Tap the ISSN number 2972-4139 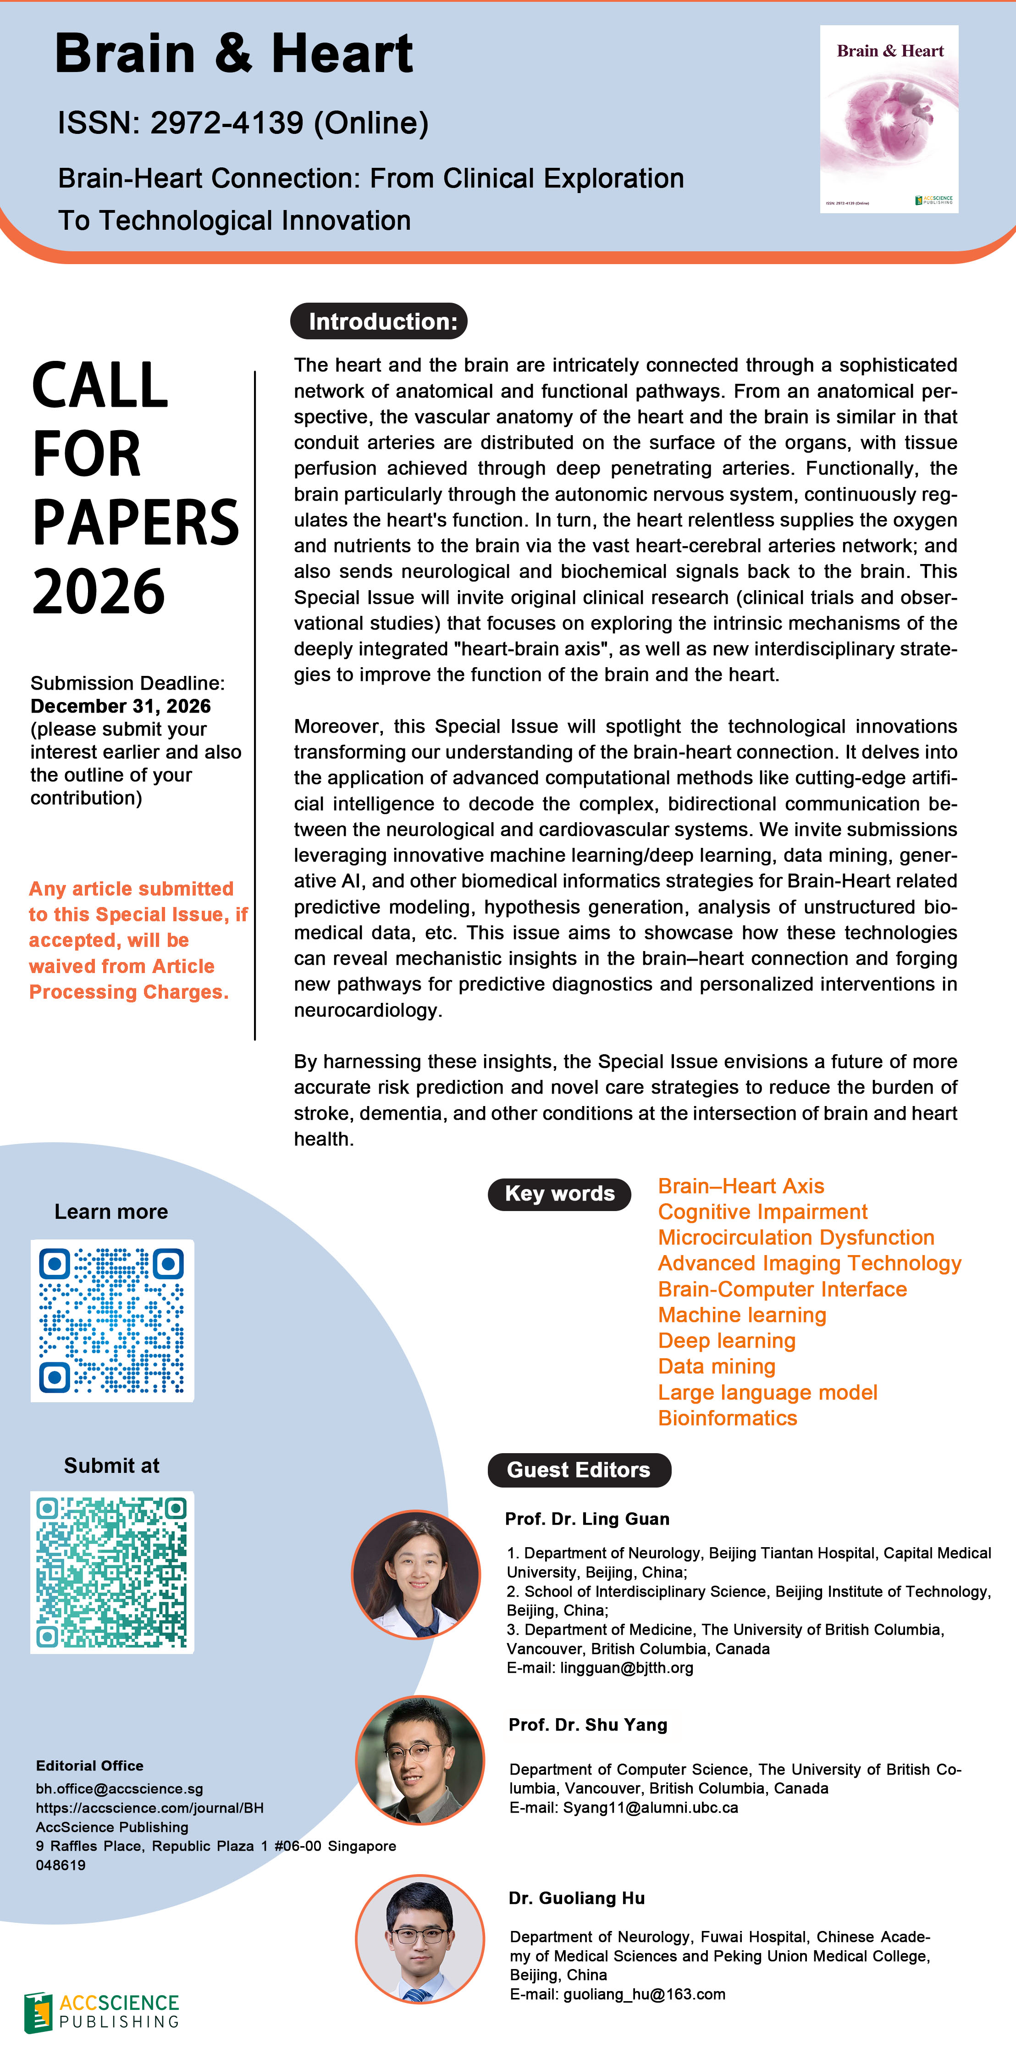tap(227, 123)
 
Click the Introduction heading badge tap(379, 321)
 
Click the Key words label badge tap(559, 1194)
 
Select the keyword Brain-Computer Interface tap(782, 1289)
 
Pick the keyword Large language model tap(767, 1392)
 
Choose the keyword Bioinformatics tap(727, 1417)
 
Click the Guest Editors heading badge tap(579, 1470)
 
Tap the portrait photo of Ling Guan tap(416, 1575)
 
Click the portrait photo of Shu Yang tap(420, 1760)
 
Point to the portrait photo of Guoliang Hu tap(420, 1939)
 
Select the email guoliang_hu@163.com tap(644, 1994)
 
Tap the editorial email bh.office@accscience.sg tap(119, 1789)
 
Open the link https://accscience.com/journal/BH tap(149, 1808)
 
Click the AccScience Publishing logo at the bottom tap(101, 2011)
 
